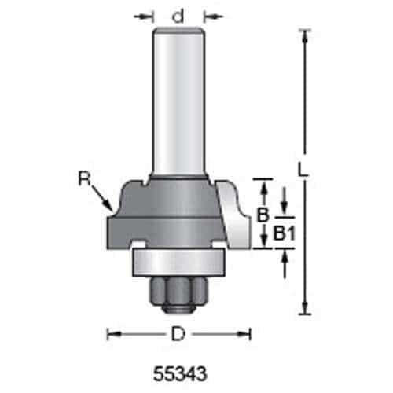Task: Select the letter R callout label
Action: point(85,178)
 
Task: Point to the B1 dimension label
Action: point(285,233)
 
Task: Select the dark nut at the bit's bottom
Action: point(178,292)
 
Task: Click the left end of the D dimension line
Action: point(108,335)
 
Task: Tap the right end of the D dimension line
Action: point(251,335)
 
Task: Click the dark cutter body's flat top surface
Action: point(179,182)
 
